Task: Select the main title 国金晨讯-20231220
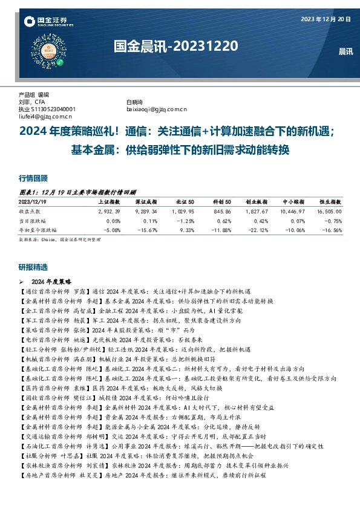click(175, 45)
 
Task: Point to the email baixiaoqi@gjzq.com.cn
click(156, 109)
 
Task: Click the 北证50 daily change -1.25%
click(185, 221)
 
